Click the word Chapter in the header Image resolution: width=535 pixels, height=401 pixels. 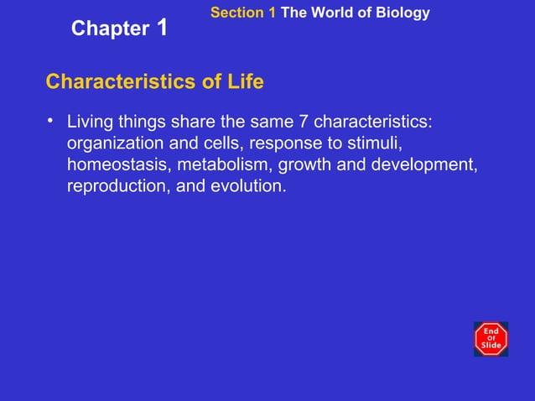pyautogui.click(x=110, y=29)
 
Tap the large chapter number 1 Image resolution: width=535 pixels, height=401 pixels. pyautogui.click(x=162, y=26)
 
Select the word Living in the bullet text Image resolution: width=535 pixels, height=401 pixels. pyautogui.click(x=93, y=122)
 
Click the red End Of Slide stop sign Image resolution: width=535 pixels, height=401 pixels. pyautogui.click(x=491, y=338)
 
